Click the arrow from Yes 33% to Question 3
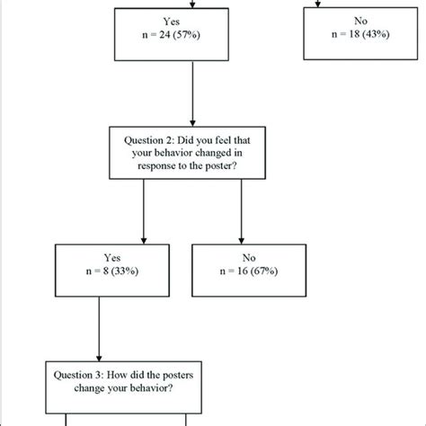[x=98, y=319]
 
